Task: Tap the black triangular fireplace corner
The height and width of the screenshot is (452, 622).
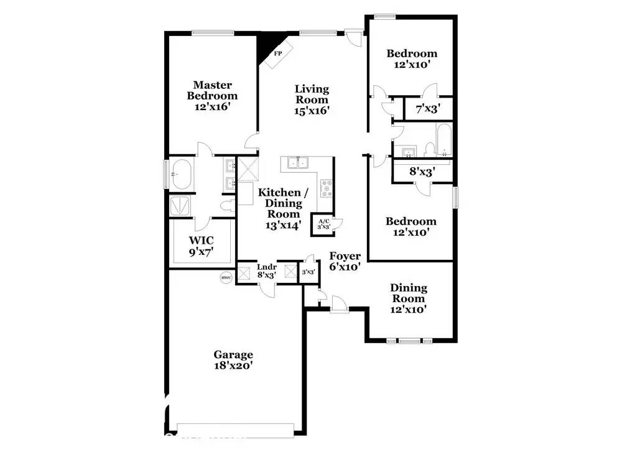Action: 266,45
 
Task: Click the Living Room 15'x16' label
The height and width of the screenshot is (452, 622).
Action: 312,99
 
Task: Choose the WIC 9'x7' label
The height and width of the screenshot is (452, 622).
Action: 202,247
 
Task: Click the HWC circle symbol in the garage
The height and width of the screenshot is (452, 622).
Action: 225,278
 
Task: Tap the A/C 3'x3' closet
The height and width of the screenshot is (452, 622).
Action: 323,224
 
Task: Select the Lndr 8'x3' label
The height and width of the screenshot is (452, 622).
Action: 267,272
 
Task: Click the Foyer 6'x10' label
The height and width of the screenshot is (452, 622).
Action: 345,262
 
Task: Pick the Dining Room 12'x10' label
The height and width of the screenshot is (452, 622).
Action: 409,298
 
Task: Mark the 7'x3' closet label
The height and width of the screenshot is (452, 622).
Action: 428,109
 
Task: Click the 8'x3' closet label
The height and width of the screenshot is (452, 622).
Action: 422,170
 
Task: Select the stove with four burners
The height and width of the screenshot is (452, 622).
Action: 326,188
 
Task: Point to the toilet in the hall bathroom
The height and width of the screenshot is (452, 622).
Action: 429,149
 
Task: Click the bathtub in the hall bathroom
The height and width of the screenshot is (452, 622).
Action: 445,140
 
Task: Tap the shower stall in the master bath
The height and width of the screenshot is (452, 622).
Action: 182,206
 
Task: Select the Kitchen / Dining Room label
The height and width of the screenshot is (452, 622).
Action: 280,208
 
